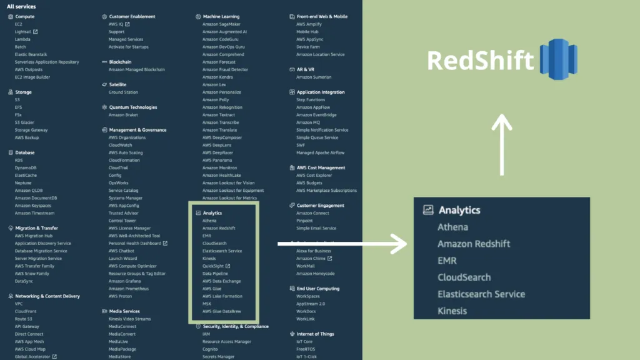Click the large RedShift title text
click(480, 61)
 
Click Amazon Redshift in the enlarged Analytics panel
click(473, 244)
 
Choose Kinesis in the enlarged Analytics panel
click(452, 311)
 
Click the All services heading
click(21, 6)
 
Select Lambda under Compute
click(22, 39)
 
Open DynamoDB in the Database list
click(26, 167)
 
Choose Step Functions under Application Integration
click(311, 100)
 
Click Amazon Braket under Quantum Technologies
click(123, 115)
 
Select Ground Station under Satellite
click(123, 92)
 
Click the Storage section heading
click(23, 92)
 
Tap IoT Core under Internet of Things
click(305, 341)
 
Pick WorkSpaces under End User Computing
click(308, 296)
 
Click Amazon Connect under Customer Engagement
click(312, 213)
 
